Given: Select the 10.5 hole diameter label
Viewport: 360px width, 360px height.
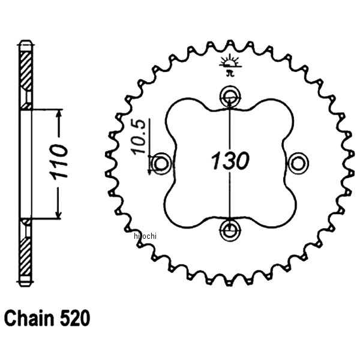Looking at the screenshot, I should tap(139, 138).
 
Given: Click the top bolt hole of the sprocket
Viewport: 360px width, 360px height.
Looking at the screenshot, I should tap(229, 95).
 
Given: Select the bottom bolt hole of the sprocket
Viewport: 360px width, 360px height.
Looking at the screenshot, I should tap(229, 228).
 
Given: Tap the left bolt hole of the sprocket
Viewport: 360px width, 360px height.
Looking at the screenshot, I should tap(161, 162).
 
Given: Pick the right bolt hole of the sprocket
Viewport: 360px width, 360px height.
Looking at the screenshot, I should tap(296, 162).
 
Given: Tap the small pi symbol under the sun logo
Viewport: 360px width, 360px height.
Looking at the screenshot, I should tap(229, 73).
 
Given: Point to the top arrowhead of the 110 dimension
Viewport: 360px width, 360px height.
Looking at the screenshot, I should tap(58, 114).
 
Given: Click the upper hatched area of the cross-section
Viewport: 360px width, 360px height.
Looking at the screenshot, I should tap(26, 72).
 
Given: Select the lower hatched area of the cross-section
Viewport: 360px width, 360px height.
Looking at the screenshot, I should tap(26, 252).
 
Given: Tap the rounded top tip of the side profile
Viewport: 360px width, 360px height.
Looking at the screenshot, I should tap(26, 42).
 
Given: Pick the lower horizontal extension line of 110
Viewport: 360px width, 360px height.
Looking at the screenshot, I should tap(45, 220).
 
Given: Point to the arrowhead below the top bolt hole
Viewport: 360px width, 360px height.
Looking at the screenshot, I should tap(229, 104).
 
